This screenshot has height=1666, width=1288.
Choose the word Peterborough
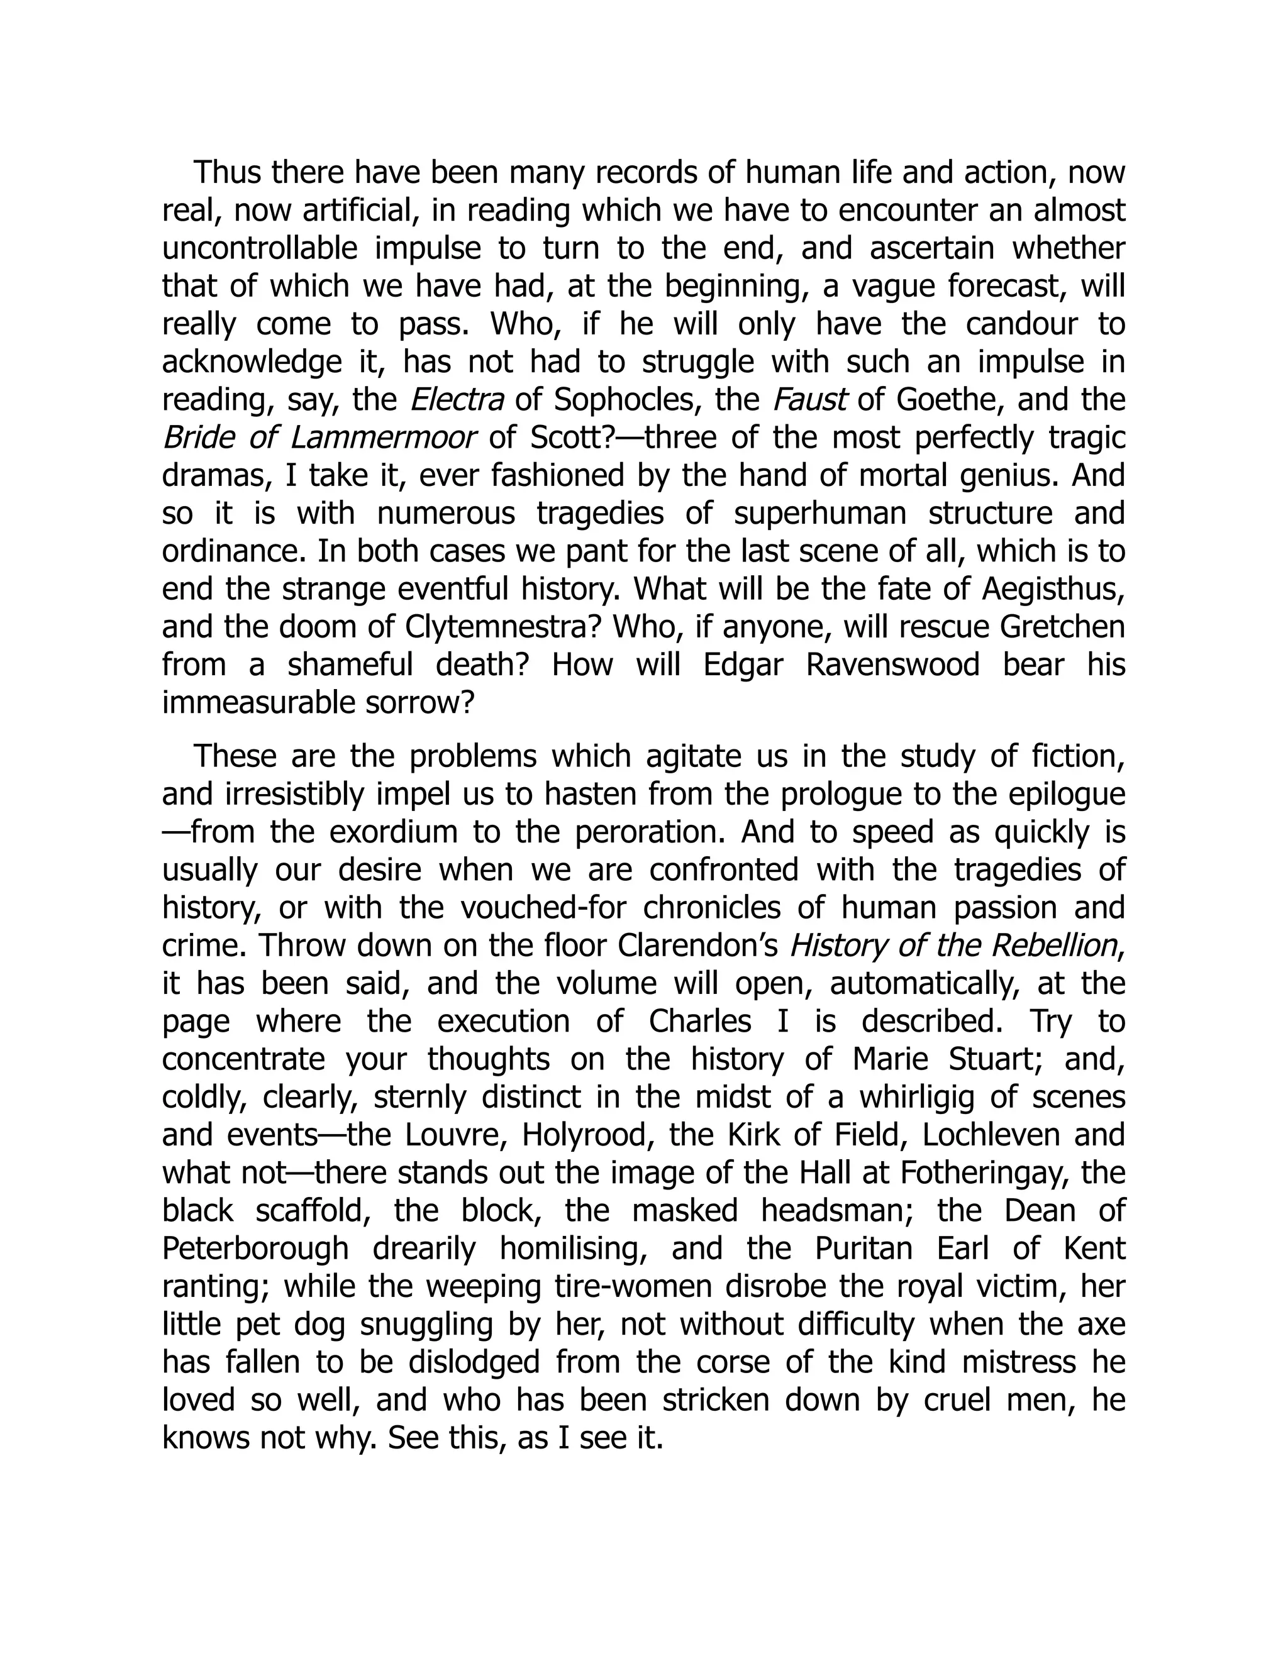(255, 1249)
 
